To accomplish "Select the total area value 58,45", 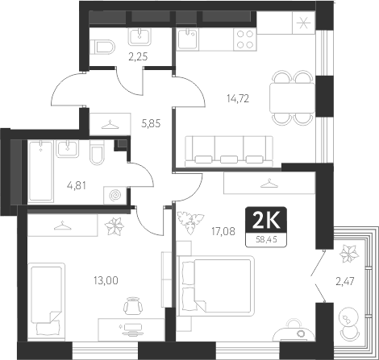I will click(264, 238).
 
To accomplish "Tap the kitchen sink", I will click(189, 35).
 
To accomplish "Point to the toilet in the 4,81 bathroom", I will click(96, 154).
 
